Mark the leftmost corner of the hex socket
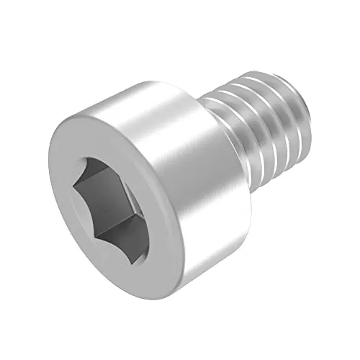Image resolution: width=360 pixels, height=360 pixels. pos(75,186)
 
